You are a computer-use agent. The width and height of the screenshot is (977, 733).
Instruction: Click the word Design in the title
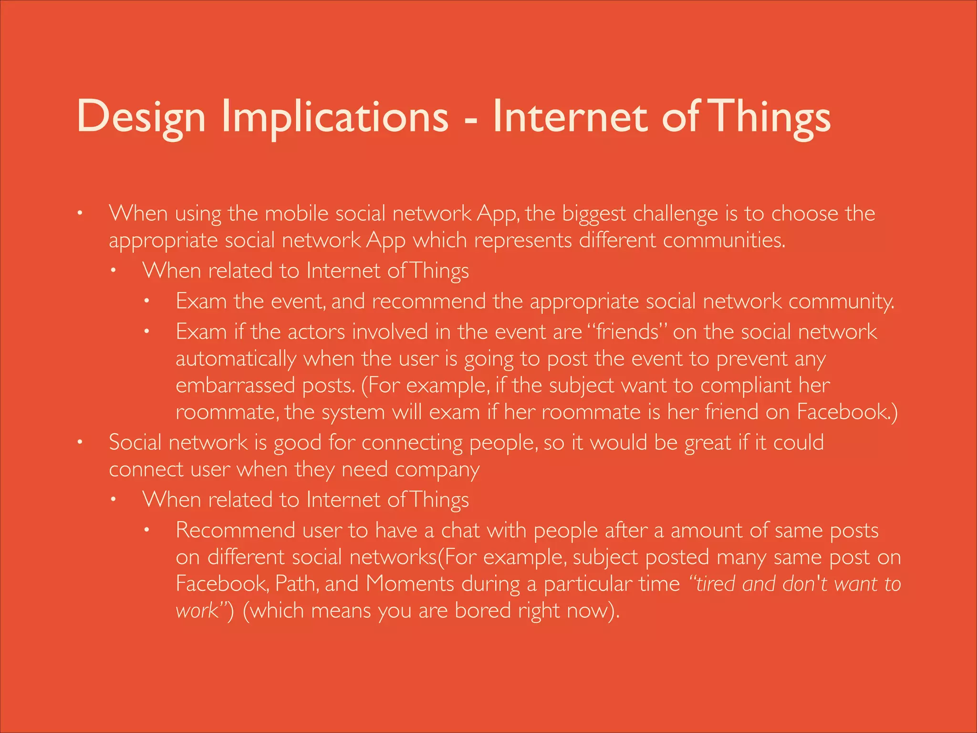pos(141,117)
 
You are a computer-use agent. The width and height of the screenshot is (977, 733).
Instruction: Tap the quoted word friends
pos(627,332)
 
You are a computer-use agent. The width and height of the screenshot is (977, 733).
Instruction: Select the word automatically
pos(236,359)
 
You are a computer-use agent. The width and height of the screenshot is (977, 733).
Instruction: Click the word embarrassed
pos(235,386)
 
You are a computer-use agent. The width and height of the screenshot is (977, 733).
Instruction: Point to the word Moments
pos(410,584)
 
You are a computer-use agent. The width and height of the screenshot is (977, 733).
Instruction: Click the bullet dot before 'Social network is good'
pos(81,442)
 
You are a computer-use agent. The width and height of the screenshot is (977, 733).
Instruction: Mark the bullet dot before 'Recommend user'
pos(147,530)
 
